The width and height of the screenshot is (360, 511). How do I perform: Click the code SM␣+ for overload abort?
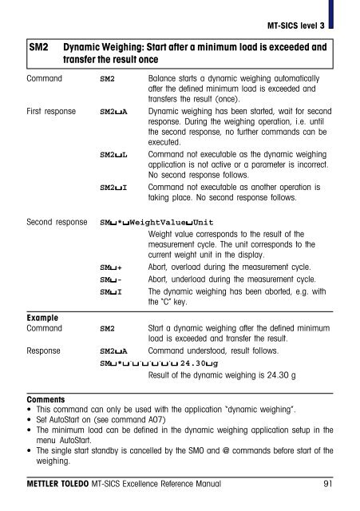(110, 267)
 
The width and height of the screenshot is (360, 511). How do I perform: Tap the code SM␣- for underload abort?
(110, 279)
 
